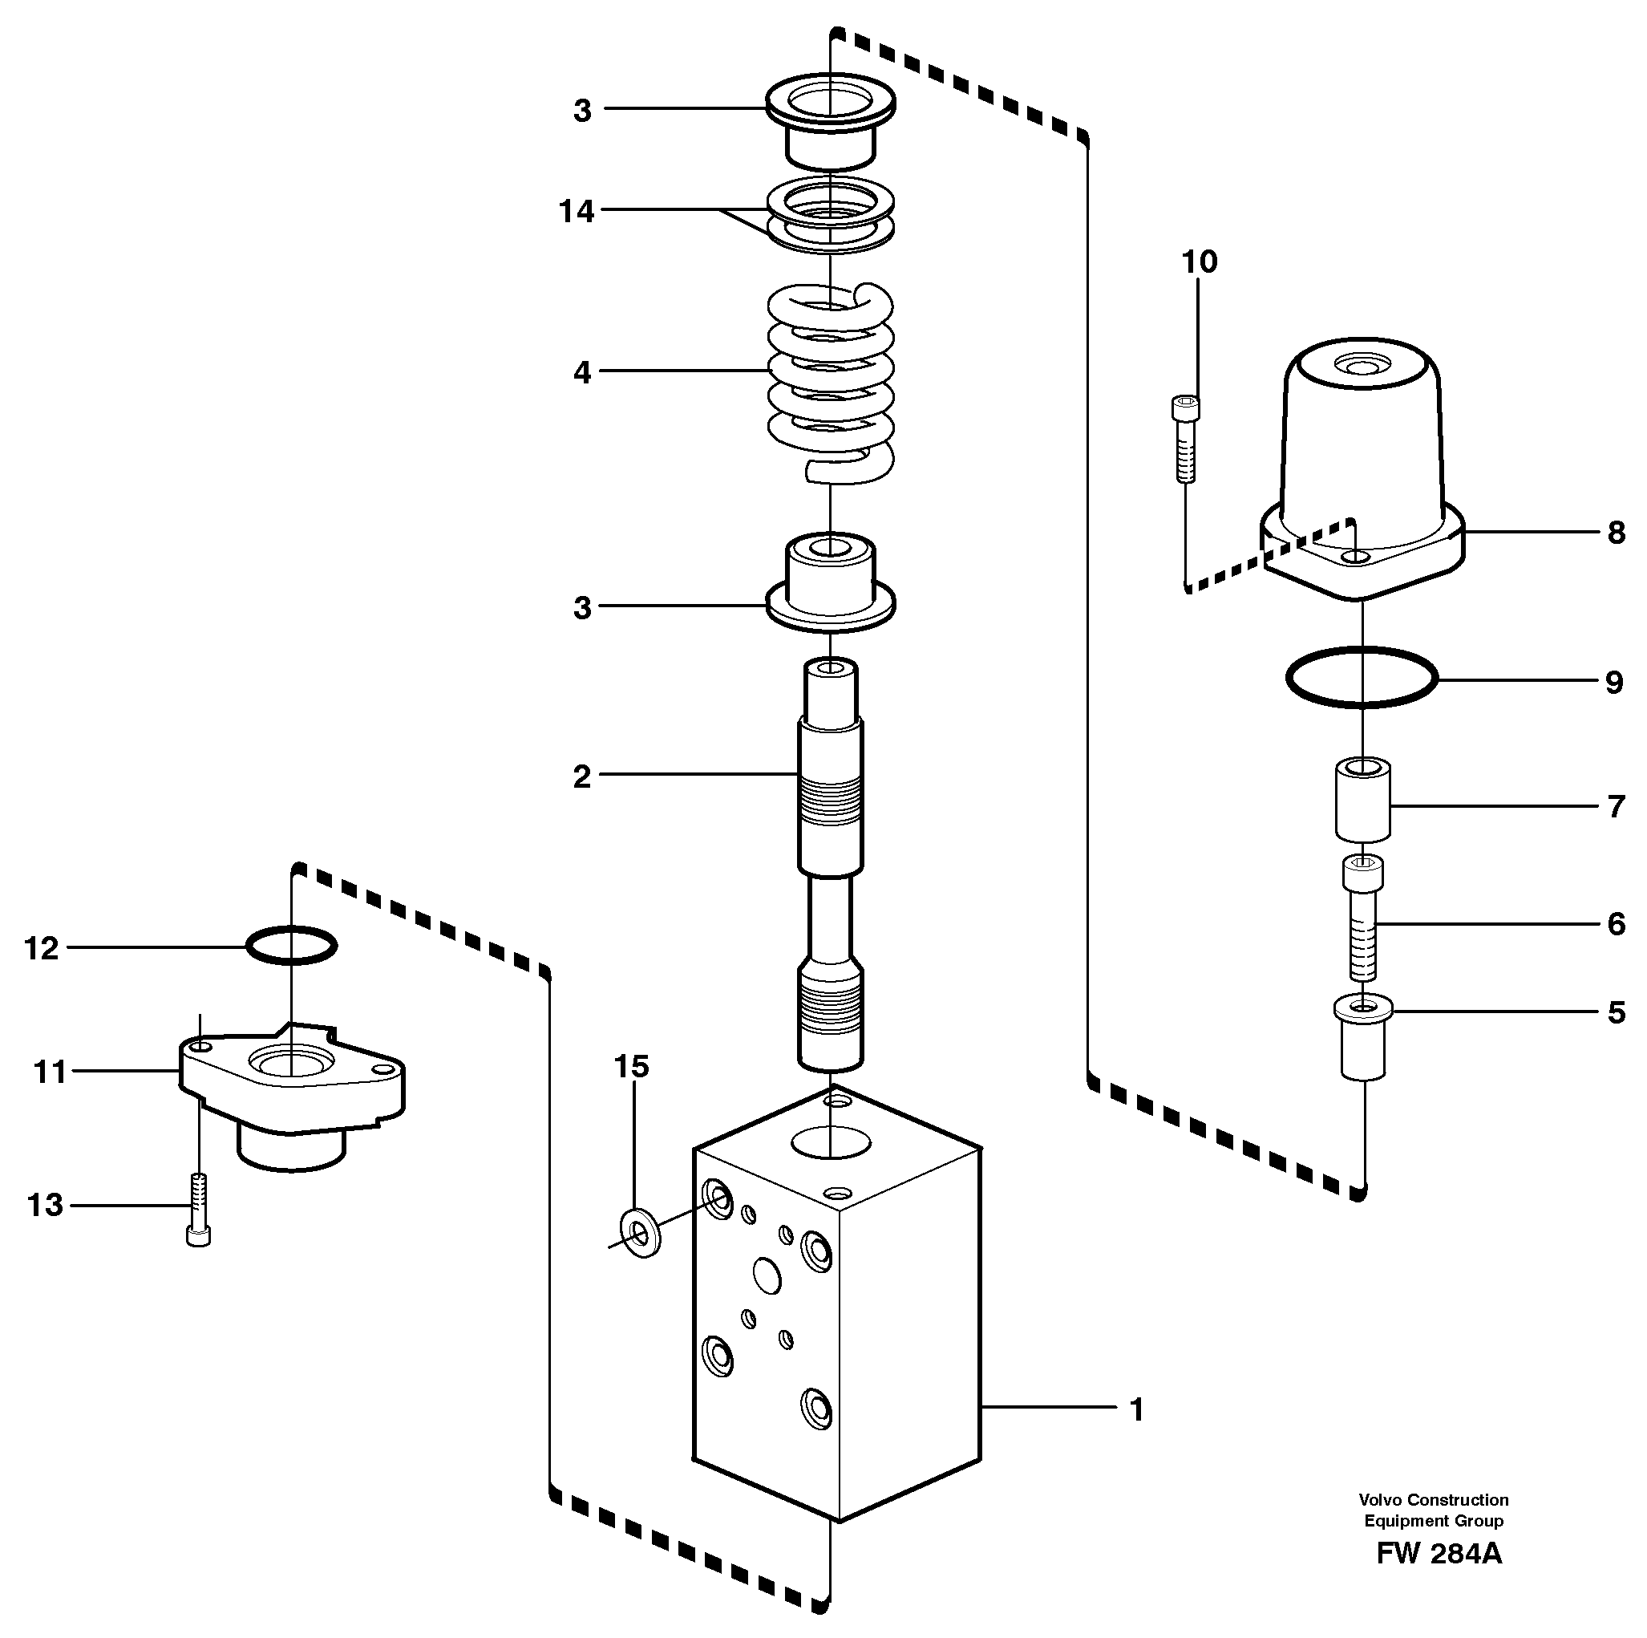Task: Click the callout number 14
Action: coord(577,212)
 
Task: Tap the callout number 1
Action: coord(1135,1409)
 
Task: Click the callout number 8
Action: coord(1615,533)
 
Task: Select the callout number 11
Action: coord(50,1072)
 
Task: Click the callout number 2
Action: coord(581,776)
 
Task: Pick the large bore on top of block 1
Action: coord(832,1141)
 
